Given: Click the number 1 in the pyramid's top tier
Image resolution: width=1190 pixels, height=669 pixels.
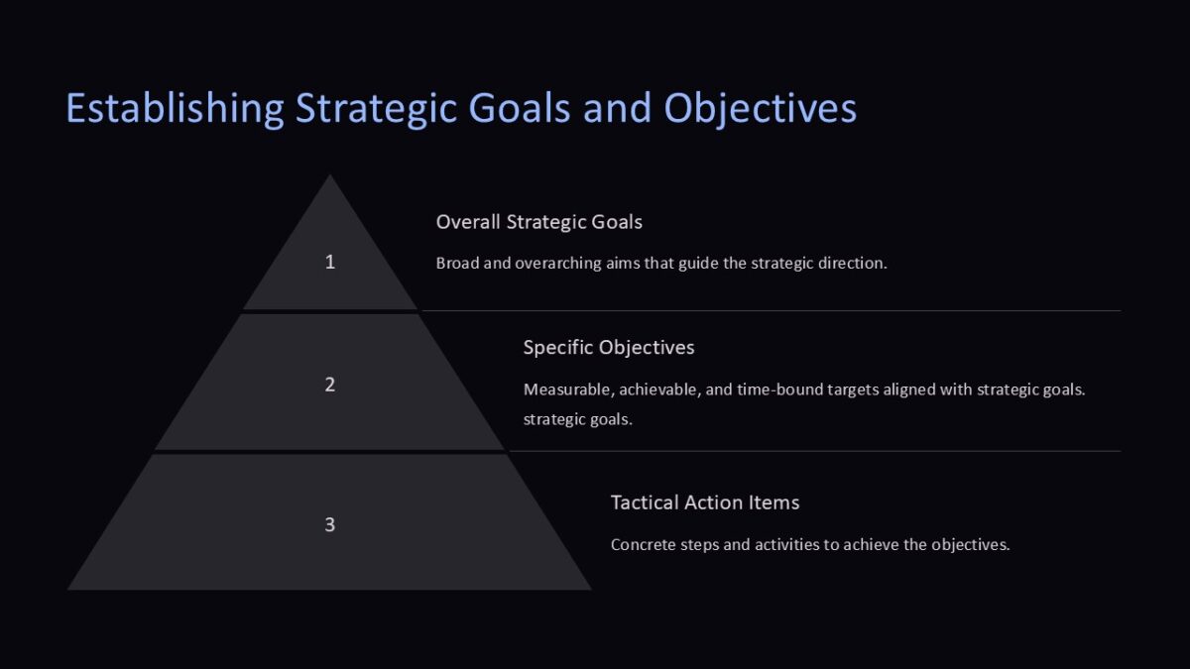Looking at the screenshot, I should click(x=330, y=262).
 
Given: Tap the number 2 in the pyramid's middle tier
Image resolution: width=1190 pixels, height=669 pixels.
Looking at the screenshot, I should click(x=330, y=385).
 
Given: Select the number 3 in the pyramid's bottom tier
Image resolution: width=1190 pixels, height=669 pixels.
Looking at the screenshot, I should click(x=330, y=524).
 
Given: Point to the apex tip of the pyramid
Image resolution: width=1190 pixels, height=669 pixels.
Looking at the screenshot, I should click(x=330, y=177).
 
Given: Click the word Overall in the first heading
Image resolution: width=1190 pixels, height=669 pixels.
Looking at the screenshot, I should click(x=468, y=222).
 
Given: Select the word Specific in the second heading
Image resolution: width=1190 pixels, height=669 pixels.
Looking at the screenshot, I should click(x=558, y=348).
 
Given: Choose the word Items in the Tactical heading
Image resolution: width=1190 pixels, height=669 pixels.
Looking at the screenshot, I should click(x=773, y=502).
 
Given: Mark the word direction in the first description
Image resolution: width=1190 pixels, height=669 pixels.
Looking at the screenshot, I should click(x=850, y=264).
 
